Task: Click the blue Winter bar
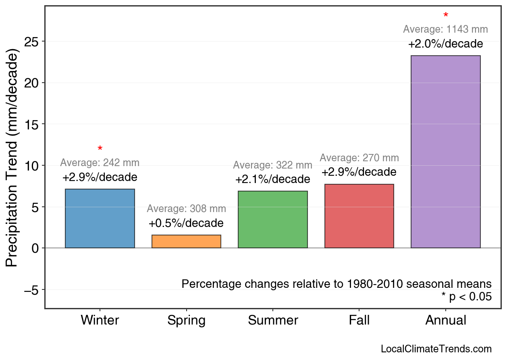click(x=100, y=218)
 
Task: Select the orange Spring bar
click(x=186, y=241)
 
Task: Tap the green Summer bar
click(x=272, y=219)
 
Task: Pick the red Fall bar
click(x=359, y=216)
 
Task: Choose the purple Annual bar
click(x=445, y=152)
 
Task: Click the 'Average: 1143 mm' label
click(x=445, y=29)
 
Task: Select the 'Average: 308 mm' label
click(x=186, y=209)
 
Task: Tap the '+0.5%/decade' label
click(x=186, y=223)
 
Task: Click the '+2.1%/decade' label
click(x=272, y=179)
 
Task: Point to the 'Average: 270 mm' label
click(x=359, y=158)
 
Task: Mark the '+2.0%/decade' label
click(x=445, y=44)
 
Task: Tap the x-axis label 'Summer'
click(x=273, y=320)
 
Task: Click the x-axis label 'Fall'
click(x=359, y=320)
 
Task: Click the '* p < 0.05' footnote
click(x=466, y=297)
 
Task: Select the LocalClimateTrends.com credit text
click(x=436, y=349)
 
